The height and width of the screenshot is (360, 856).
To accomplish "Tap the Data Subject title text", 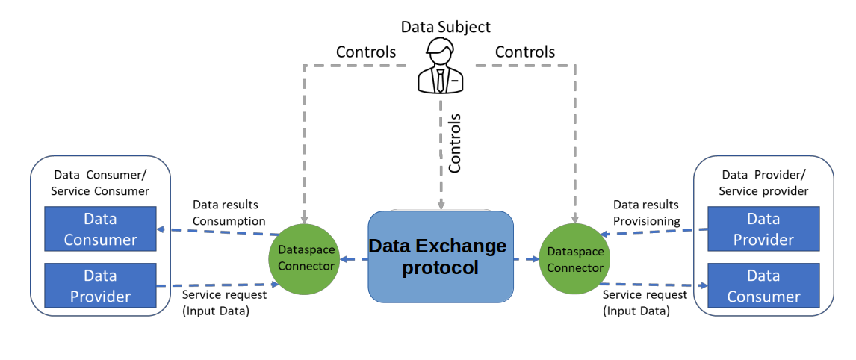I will click(446, 27).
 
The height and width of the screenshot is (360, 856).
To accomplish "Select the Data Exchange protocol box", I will click(441, 257).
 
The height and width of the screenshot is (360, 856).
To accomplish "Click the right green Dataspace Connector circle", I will click(574, 258).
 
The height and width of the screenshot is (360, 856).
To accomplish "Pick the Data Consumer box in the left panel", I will click(100, 229).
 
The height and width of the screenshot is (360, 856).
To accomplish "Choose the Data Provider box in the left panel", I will click(100, 286).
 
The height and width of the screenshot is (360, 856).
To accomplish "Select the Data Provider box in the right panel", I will click(763, 229).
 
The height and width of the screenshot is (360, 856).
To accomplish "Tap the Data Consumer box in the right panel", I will click(763, 286).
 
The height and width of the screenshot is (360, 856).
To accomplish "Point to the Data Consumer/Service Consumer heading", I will click(100, 183).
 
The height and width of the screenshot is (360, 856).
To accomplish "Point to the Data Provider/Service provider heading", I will click(763, 183).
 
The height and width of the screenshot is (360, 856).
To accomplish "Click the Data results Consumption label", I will click(229, 213).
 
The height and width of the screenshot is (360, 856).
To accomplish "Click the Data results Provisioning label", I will click(647, 213).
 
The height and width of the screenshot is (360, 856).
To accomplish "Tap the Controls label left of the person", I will click(366, 52).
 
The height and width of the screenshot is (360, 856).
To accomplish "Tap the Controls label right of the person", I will click(525, 52).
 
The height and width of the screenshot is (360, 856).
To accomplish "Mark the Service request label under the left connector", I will click(224, 302).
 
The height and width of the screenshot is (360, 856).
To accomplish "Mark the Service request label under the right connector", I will click(645, 302).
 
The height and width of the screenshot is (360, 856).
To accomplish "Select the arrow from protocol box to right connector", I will click(527, 259).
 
